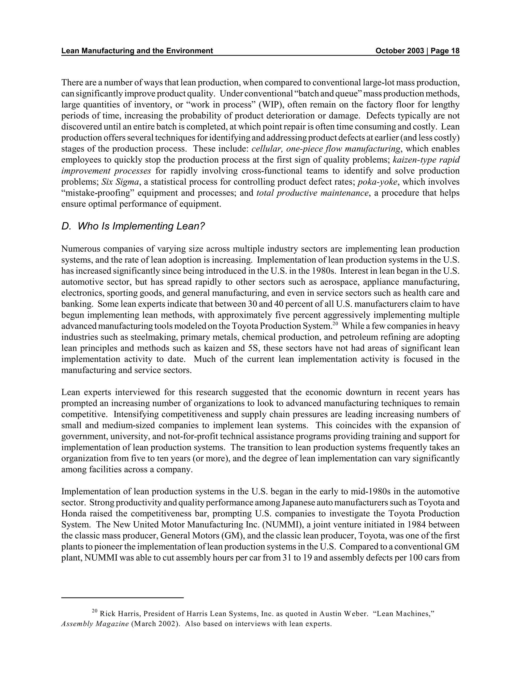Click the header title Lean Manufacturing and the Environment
(x=137, y=51)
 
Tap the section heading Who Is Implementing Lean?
(x=133, y=226)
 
